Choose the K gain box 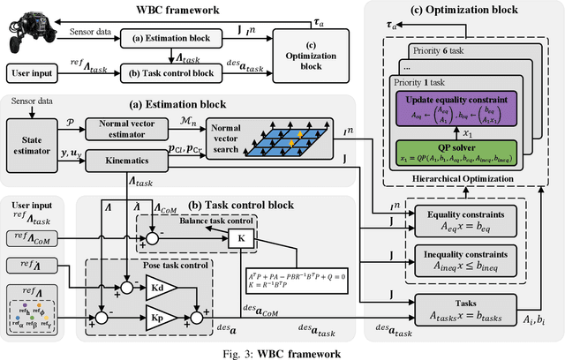[x=237, y=238]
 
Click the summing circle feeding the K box [x=154, y=238]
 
